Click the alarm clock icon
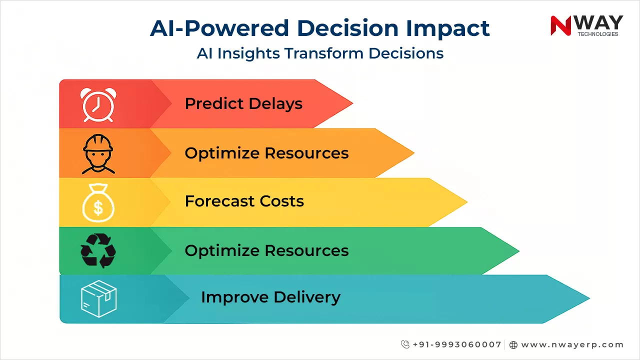tap(98, 105)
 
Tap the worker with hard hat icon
tap(98, 153)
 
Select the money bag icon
tap(98, 203)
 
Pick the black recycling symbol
tap(98, 250)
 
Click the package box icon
tap(98, 298)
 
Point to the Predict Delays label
tap(243, 104)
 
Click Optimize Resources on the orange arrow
tap(266, 153)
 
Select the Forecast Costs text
tap(244, 201)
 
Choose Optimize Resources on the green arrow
tap(266, 250)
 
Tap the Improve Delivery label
tap(270, 297)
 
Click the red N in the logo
tap(560, 25)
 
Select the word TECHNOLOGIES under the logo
tap(597, 34)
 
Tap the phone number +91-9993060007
tap(456, 344)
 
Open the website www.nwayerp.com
tap(572, 344)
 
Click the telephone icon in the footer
tap(405, 344)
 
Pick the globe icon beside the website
tap(513, 344)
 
